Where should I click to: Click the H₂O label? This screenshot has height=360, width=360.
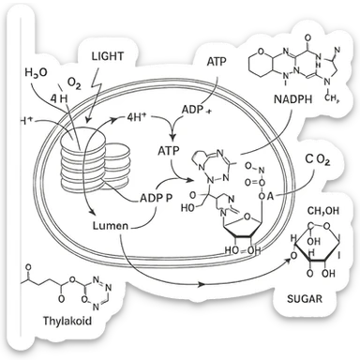click(x=33, y=73)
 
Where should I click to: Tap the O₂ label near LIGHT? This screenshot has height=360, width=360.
click(x=75, y=84)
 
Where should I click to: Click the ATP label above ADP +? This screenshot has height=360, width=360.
click(x=216, y=61)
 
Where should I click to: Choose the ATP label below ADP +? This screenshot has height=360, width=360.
click(x=169, y=150)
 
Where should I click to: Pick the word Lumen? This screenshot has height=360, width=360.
click(x=111, y=226)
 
